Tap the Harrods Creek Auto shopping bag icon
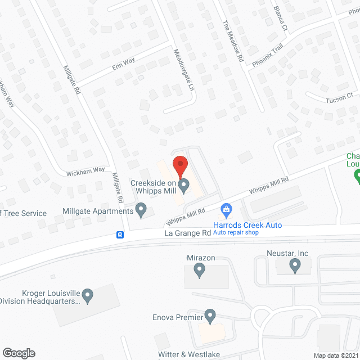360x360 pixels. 226,210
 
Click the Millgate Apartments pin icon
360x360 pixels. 141,211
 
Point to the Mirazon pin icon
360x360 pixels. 199,271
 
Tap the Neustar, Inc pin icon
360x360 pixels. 295,266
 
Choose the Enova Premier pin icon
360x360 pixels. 210,316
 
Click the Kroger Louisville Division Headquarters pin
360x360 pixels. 87,295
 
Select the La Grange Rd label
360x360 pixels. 188,232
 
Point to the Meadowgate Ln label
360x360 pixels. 183,70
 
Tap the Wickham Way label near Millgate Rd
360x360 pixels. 85,169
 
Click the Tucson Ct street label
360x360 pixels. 339,98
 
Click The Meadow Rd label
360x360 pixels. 232,41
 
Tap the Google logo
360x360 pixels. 18,353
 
